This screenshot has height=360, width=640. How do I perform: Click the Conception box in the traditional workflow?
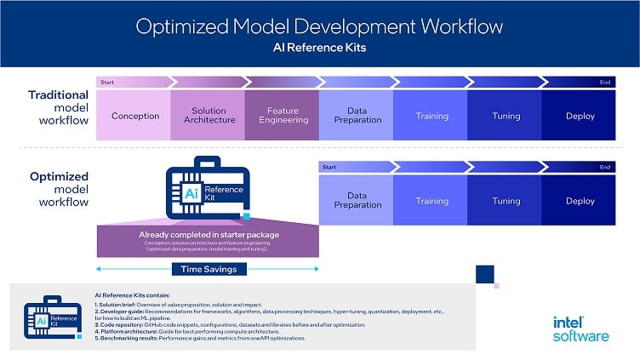pos(134,116)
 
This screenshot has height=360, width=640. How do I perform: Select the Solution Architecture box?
pos(209,116)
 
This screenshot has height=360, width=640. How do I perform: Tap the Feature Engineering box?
pos(283,116)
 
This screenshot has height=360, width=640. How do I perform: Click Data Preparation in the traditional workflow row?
pos(357,116)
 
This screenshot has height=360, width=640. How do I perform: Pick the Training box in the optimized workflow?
pos(431,201)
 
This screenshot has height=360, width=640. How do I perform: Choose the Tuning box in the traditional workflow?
pos(506,116)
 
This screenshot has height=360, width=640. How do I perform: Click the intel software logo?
pos(580,329)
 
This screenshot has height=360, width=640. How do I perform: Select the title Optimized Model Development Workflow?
pos(319,26)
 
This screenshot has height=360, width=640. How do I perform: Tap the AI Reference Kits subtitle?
pos(319,48)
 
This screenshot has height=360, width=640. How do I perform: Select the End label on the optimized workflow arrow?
pos(604,167)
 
